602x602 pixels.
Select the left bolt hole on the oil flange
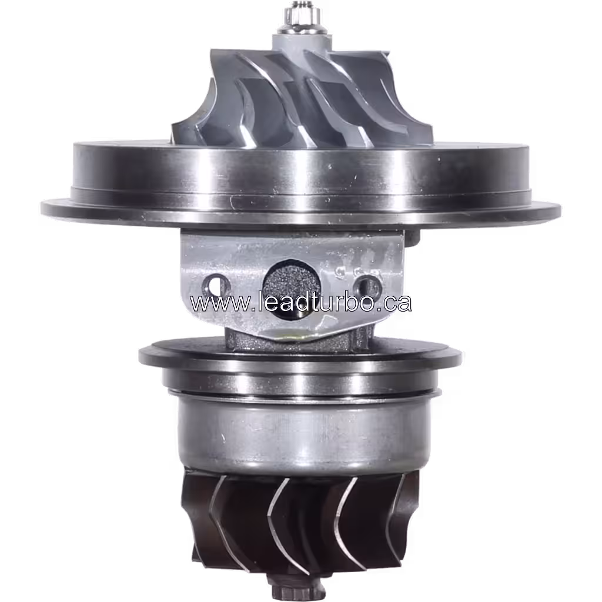216,286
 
